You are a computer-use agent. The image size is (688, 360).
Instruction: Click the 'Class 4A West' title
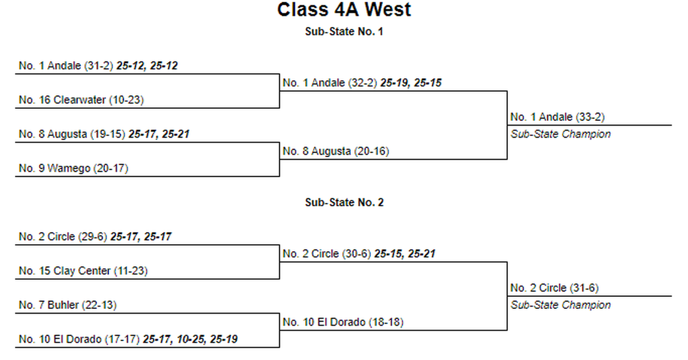pos(344,10)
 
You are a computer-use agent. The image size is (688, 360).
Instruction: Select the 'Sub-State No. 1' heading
pos(344,32)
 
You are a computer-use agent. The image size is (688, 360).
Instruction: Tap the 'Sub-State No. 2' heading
pos(345,202)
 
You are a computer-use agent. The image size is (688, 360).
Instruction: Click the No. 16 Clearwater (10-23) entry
pos(81,100)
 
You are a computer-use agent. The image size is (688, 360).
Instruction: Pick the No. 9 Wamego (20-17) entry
pos(73,169)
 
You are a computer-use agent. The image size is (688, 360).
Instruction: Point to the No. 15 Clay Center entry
pos(83,271)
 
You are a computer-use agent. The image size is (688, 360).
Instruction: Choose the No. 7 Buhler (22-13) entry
pos(68,305)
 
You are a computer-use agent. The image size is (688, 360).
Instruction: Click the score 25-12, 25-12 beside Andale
pos(147,66)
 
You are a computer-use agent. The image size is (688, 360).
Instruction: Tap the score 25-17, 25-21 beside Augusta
pos(159,134)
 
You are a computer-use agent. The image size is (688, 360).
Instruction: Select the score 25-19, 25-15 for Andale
pos(411,83)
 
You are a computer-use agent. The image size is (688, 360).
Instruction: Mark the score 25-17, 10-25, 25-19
pos(190,339)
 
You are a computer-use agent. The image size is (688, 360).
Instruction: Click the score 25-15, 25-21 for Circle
pos(405,254)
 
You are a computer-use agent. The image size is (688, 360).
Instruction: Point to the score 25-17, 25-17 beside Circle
pos(141,237)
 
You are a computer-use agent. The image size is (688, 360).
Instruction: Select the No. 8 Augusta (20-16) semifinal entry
pos(336,151)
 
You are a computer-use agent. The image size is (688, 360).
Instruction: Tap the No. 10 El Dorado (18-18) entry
pos(343,322)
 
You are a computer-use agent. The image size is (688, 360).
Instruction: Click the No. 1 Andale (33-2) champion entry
pos(557,117)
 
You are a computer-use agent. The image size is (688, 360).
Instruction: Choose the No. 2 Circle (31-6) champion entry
pos(554,288)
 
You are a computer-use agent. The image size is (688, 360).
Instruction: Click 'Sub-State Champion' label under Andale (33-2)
pos(561,134)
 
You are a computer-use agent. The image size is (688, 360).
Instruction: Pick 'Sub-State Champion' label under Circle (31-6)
pos(561,306)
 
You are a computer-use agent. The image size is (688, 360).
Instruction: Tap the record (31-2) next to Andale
pos(99,66)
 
